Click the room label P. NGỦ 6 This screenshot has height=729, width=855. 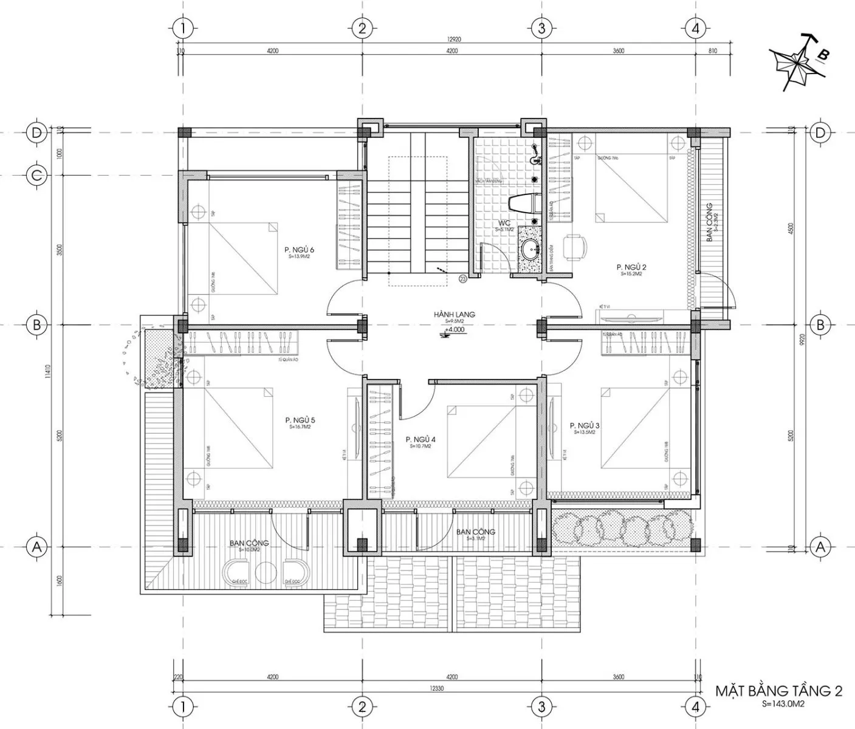299,250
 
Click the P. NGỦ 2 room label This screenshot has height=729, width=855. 631,267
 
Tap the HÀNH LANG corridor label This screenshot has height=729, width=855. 454,315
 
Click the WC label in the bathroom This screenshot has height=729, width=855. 504,223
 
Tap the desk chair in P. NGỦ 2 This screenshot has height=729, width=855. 574,246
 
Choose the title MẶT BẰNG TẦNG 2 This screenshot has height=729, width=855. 778,691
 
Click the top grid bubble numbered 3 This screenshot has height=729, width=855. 541,28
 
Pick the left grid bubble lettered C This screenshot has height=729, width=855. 36,176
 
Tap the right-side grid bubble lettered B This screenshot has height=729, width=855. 820,325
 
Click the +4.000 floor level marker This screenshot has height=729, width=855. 454,329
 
